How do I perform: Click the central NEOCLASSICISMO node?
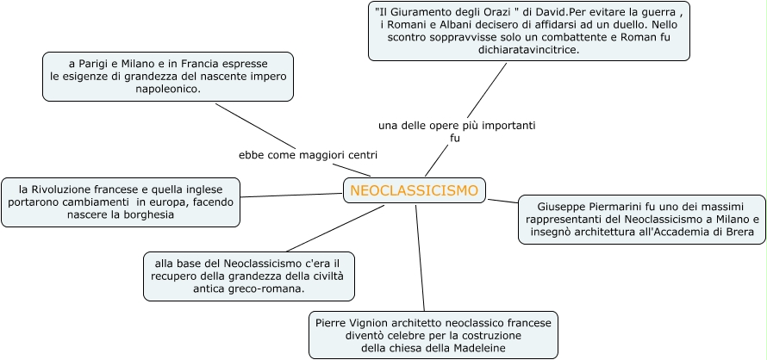(414, 190)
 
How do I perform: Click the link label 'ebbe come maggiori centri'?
(308, 155)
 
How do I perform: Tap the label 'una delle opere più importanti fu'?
(456, 131)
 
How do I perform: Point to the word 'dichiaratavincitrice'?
(528, 51)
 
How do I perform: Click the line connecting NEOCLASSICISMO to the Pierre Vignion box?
(421, 258)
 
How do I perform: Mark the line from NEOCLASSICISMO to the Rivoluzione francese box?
(291, 195)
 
